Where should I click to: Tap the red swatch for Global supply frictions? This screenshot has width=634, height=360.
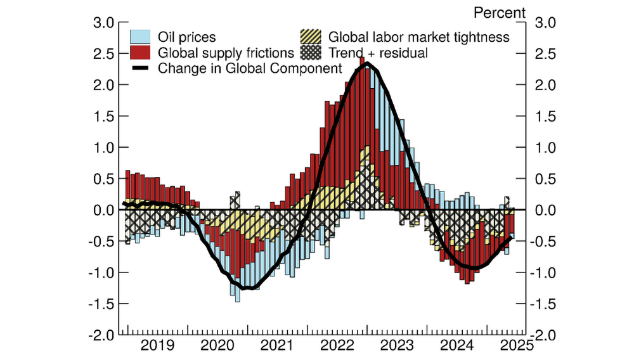[139, 53]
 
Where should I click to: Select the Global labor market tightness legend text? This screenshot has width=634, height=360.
[418, 37]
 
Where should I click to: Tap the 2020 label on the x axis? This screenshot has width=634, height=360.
[217, 345]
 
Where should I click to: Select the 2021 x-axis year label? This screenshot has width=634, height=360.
[278, 345]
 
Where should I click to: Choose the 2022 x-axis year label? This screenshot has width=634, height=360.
[338, 345]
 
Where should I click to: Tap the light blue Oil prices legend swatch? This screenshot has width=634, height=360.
[139, 37]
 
